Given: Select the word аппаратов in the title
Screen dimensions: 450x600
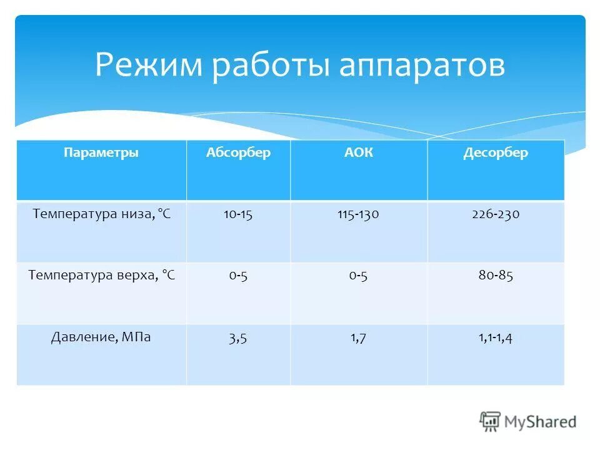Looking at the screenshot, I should tap(422, 66).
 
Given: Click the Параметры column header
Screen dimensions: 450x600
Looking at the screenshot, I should tap(101, 153).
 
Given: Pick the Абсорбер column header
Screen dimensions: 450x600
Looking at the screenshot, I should tap(238, 153).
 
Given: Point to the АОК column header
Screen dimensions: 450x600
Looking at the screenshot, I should tap(358, 153).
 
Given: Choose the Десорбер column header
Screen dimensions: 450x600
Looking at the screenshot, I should tap(496, 153).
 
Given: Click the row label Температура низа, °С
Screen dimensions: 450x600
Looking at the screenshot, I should tap(101, 214).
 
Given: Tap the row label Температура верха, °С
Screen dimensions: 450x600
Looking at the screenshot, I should tap(101, 275).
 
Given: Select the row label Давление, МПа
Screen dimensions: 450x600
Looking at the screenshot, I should tap(101, 337).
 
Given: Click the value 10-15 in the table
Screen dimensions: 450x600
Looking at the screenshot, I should tap(238, 214).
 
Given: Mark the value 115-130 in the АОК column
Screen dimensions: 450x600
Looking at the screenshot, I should tap(358, 214).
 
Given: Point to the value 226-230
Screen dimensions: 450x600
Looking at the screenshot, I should tap(496, 214).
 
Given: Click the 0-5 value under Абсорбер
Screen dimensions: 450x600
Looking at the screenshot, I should tap(238, 276).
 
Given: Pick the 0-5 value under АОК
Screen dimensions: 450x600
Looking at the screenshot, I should tap(358, 276).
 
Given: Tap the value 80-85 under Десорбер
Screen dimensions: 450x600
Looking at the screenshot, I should tap(496, 276).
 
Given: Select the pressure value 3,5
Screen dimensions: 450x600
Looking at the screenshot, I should tap(238, 338).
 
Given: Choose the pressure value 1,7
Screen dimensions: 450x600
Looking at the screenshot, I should tap(358, 338).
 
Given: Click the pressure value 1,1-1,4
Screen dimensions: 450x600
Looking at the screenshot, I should tap(496, 338).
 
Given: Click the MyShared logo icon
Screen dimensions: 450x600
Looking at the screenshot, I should tap(490, 421).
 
